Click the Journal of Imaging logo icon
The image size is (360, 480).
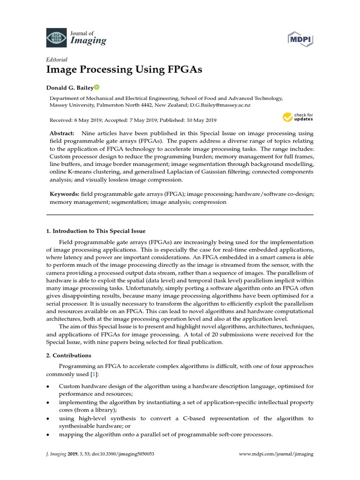coord(57,37)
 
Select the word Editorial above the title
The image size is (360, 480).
coord(57,60)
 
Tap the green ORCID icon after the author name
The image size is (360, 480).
coord(97,87)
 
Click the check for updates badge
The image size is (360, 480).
coord(298,117)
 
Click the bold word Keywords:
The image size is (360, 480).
coord(64,194)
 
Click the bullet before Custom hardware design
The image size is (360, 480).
coord(48,386)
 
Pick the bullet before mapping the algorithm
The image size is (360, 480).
coord(48,435)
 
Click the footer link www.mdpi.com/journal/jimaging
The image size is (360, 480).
coord(276,454)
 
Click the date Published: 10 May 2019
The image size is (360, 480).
coord(189,120)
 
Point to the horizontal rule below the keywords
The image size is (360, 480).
coord(180,215)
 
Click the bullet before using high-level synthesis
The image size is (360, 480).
coord(48,419)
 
